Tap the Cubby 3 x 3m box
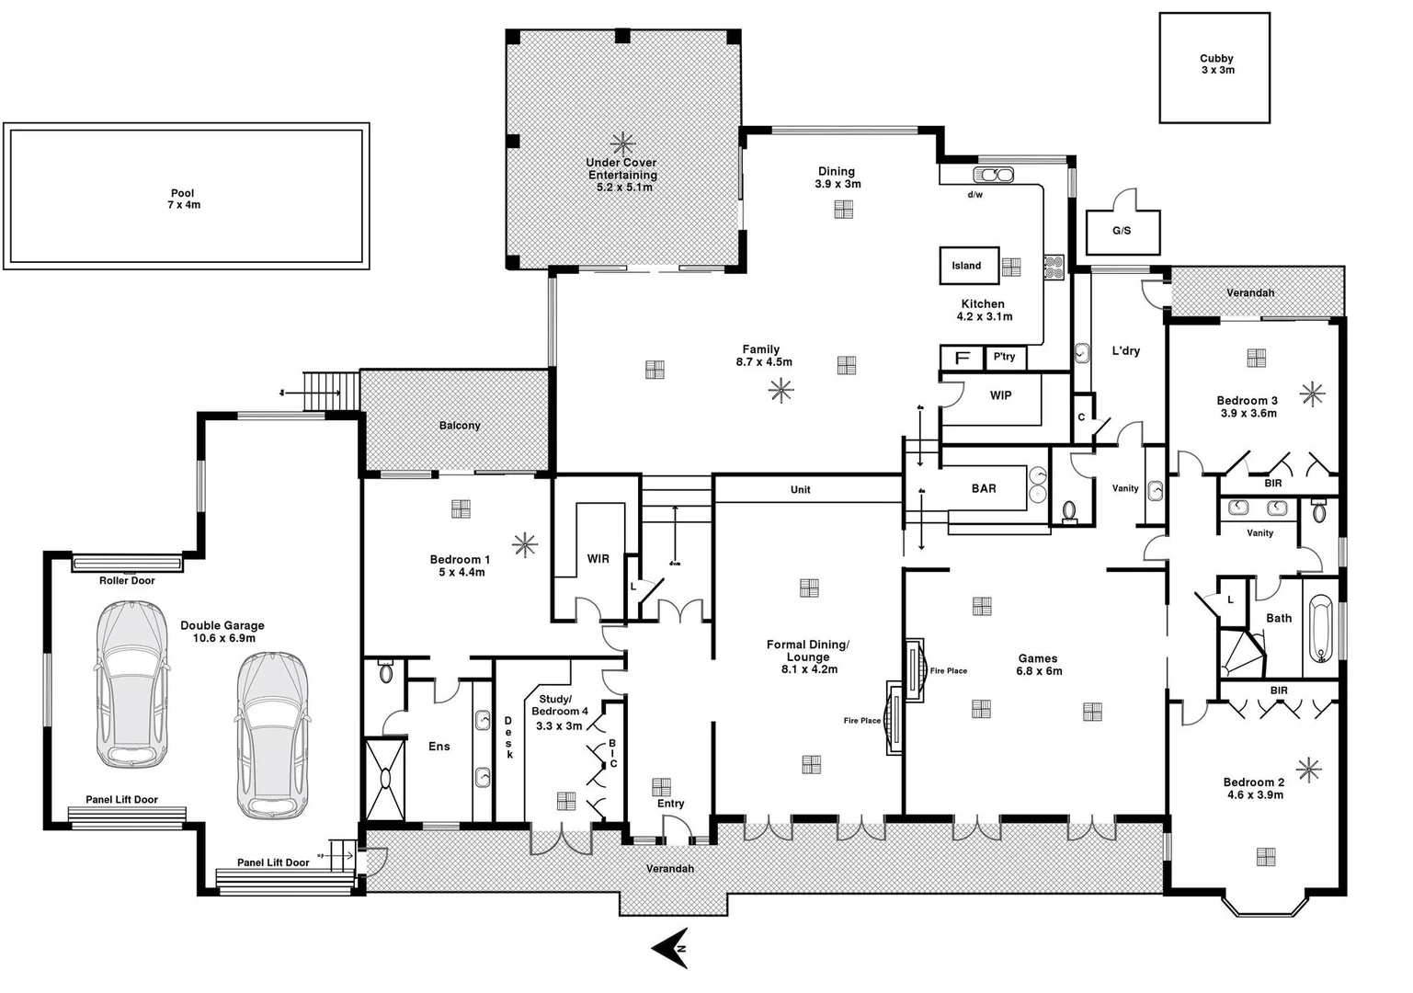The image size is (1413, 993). click(1214, 67)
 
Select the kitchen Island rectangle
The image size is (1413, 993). click(967, 266)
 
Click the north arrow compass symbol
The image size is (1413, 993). click(671, 947)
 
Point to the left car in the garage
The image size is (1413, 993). click(132, 684)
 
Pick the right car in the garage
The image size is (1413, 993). click(271, 735)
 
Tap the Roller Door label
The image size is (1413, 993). click(127, 581)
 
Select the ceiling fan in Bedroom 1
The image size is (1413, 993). click(525, 544)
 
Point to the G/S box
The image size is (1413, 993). click(1122, 231)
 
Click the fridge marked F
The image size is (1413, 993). click(962, 358)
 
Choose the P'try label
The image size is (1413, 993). click(1004, 357)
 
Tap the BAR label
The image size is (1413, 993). click(984, 489)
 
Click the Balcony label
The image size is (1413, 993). click(460, 426)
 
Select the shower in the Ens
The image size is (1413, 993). click(384, 778)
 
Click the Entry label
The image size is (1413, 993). click(671, 804)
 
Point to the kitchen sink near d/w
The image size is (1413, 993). click(993, 175)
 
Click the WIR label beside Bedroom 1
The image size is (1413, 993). click(598, 559)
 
